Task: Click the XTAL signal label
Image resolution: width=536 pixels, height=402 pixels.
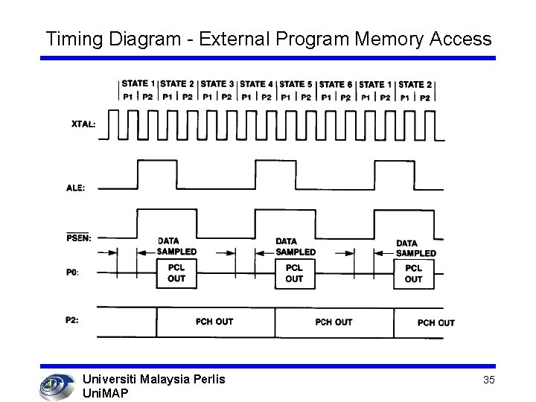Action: tap(83, 124)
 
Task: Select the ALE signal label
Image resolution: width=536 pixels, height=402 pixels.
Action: tap(75, 188)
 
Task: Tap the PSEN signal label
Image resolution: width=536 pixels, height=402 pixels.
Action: tap(77, 237)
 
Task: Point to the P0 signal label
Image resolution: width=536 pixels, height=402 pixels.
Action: tap(72, 272)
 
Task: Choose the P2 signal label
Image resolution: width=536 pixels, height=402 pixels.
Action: tap(72, 320)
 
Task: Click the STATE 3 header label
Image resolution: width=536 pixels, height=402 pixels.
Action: tap(217, 83)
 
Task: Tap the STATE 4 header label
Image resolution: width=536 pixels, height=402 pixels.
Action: tap(256, 83)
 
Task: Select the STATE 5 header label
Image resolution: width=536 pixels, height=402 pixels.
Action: tap(296, 84)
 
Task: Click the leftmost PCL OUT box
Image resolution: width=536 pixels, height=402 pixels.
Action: tap(176, 273)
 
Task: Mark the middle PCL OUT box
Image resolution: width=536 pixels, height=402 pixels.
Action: tap(294, 273)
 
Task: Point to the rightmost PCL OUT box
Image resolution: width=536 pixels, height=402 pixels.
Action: tap(413, 273)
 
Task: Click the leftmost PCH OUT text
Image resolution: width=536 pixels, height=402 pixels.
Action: tap(214, 322)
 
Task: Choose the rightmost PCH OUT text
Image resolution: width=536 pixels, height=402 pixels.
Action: tap(435, 322)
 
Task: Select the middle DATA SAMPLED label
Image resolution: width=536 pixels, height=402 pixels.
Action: tap(295, 246)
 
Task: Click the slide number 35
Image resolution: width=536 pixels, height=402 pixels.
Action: tap(489, 380)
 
